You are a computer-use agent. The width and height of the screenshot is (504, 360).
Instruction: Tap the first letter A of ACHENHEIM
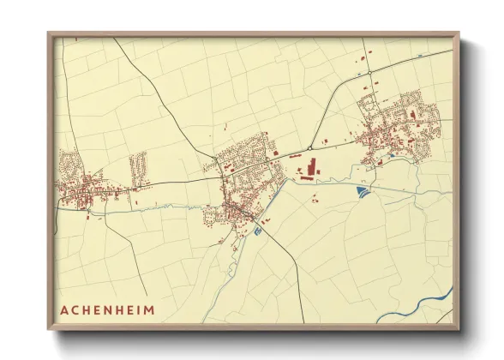[65, 309]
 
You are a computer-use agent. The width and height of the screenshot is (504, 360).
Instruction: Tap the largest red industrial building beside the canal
[310, 165]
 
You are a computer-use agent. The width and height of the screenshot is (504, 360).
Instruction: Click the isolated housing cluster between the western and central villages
[137, 166]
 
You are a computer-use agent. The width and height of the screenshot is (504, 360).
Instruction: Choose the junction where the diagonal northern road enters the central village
[219, 168]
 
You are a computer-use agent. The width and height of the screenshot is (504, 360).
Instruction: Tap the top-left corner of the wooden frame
[49, 34]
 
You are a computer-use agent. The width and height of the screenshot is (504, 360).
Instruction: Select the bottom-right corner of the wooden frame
[459, 329]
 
